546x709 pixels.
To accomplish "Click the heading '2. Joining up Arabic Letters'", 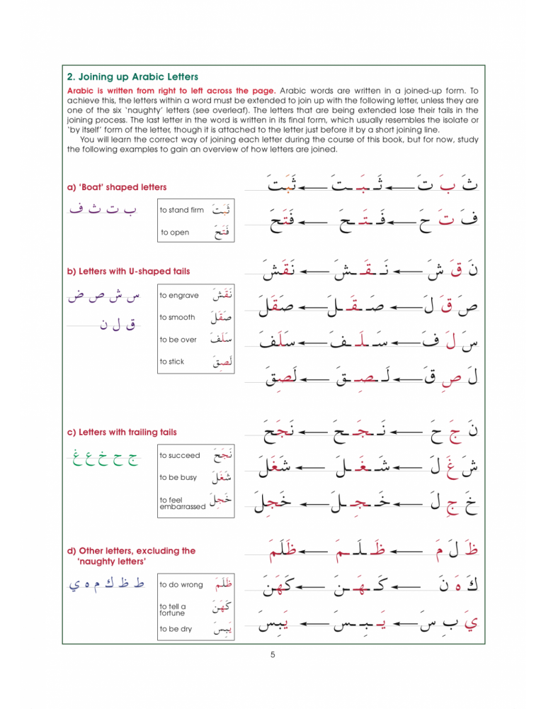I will pos(132,77).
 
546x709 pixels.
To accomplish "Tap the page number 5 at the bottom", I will pos(273,654).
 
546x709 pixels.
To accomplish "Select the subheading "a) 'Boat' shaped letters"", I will pos(117,187).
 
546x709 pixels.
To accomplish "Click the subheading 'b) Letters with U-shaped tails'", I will pos(128,270).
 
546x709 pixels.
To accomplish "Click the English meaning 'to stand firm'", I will pos(182,210).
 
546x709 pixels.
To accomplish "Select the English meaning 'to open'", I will pos(175,233).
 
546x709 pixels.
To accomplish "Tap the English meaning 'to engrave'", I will pos(179,295).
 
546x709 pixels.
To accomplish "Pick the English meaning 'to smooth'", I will pos(178,317).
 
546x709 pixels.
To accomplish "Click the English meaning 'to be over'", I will pos(178,340).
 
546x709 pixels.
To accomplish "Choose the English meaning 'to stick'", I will pos(172,362).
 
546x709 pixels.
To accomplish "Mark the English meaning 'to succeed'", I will pos(180,455).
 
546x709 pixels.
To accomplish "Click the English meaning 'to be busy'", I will pos(178,478).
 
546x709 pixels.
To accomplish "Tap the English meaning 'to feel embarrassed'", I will pos(183,503).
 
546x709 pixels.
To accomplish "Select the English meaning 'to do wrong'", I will pos(181,585).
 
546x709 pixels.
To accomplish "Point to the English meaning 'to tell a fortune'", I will pos(174,610).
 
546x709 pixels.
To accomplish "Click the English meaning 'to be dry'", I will pos(176,629).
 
